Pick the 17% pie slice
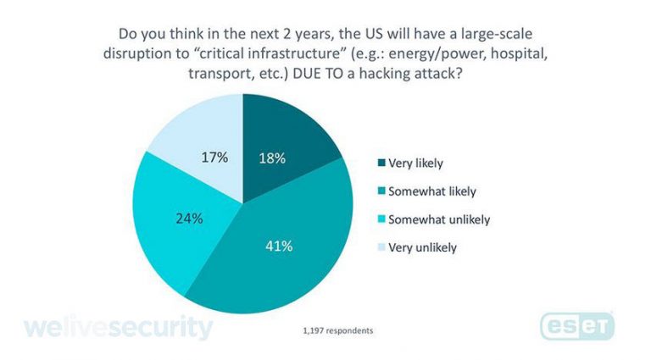point(203,136)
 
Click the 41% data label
point(280,246)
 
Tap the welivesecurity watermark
point(119,328)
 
